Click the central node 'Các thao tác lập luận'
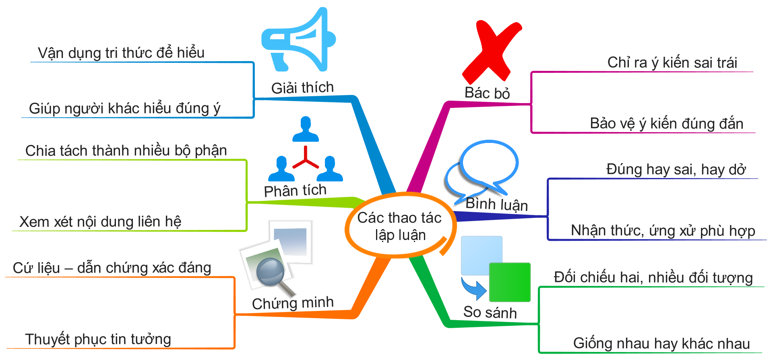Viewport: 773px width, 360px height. pos(399,226)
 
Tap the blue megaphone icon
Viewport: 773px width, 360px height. pos(298,40)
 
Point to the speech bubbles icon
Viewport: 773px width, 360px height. pos(483,169)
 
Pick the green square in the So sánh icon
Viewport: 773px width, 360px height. pos(510,282)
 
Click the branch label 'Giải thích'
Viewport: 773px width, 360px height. pos(302,87)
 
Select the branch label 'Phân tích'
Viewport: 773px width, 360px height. pos(295,190)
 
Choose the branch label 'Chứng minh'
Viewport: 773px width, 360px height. pos(293,303)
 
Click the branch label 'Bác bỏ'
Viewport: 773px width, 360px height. pos(487,93)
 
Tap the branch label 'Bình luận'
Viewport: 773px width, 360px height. pos(496,204)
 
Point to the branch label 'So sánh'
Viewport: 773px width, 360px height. pos(490,312)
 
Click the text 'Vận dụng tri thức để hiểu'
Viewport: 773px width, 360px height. pos(121,53)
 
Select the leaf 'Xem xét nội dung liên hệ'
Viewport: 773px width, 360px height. pos(100,221)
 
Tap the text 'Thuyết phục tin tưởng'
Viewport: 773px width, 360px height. pos(98,339)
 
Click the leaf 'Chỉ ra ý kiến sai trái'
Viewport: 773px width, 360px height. pos(672,62)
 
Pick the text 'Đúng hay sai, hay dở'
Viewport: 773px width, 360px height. pos(676,170)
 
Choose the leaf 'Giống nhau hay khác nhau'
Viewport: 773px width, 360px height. pos(661,343)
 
